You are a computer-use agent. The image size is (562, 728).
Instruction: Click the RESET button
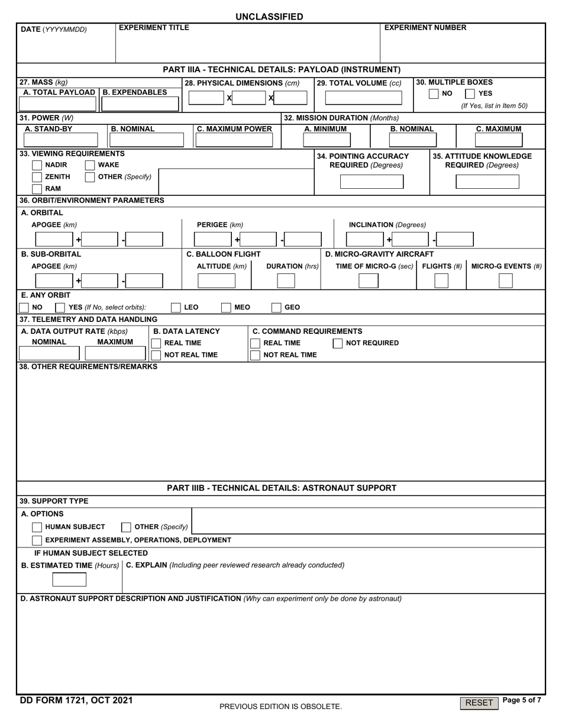(x=479, y=703)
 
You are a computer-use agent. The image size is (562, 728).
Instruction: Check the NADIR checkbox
(x=37, y=165)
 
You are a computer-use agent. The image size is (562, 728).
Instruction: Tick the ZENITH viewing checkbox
(x=37, y=177)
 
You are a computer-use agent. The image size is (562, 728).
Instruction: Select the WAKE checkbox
(x=90, y=165)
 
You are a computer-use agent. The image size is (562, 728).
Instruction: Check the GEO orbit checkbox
(x=276, y=307)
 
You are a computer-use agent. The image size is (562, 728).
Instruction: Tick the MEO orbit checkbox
(x=226, y=307)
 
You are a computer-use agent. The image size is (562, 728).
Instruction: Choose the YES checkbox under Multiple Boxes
(x=470, y=94)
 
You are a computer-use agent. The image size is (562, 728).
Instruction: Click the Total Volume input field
(x=363, y=98)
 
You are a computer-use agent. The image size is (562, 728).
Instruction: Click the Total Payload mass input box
(x=58, y=104)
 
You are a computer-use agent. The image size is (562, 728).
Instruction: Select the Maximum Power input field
(x=234, y=140)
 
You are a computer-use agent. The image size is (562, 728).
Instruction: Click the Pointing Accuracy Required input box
(x=372, y=182)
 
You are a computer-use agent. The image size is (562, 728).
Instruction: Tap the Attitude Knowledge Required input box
(x=487, y=182)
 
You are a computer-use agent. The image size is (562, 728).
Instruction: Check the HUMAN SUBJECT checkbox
(x=37, y=527)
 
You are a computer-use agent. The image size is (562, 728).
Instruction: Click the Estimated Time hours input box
(x=69, y=579)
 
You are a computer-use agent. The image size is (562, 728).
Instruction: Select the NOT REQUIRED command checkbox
(x=337, y=343)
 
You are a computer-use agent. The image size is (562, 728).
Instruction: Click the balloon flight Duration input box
(x=286, y=281)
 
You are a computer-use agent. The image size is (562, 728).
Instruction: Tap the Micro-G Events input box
(x=505, y=281)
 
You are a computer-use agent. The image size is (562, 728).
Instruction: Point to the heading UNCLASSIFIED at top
(x=269, y=17)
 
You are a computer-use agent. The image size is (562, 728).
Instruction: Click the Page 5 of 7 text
(x=521, y=700)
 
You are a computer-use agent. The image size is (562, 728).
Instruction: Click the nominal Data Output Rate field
(x=49, y=353)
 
